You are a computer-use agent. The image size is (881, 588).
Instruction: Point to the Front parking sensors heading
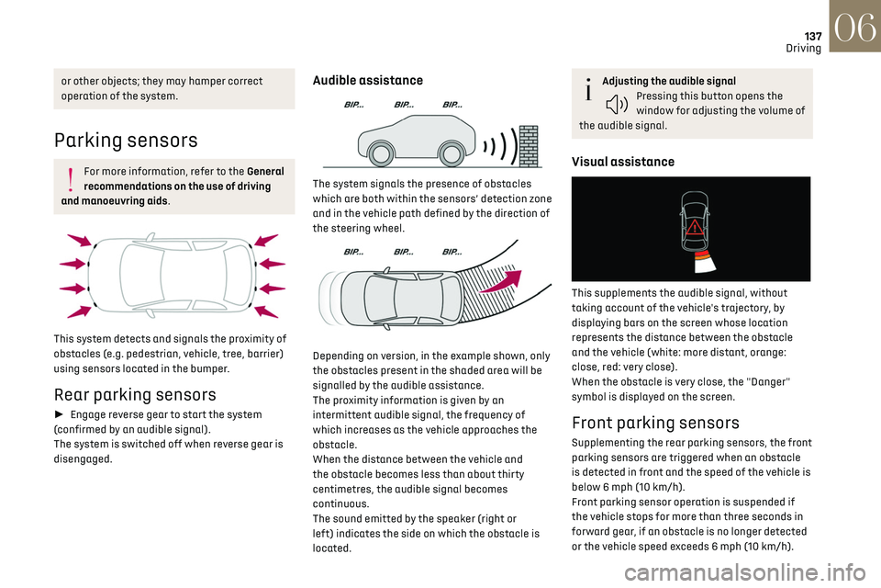(x=655, y=423)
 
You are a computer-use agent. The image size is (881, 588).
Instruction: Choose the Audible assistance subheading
(x=368, y=81)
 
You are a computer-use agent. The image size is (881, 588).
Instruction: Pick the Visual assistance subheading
(x=622, y=162)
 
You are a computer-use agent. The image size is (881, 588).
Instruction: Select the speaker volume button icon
(x=617, y=104)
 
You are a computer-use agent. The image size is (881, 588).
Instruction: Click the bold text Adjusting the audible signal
(x=669, y=82)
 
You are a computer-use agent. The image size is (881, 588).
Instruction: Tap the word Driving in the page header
(x=803, y=48)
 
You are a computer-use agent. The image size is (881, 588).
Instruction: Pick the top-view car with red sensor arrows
(x=172, y=274)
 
